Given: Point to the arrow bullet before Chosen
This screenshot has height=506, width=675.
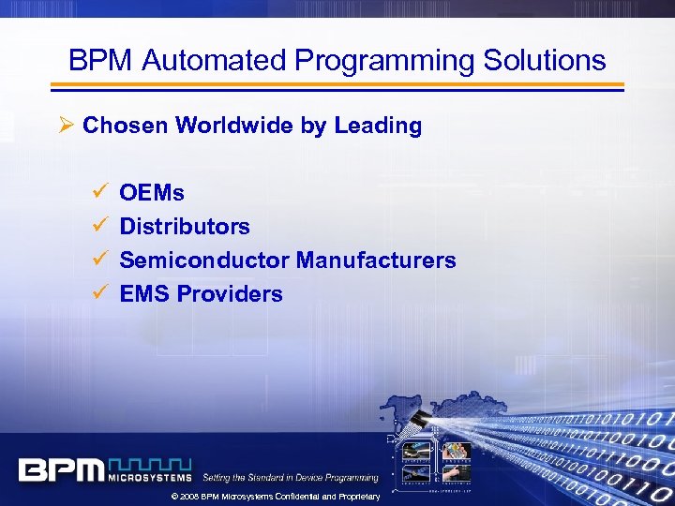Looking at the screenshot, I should [x=66, y=126].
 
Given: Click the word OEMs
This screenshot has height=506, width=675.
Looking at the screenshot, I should [x=152, y=193].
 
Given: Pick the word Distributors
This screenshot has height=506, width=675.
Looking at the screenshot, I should [x=185, y=227].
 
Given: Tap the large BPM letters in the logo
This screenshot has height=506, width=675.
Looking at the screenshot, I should [x=62, y=469].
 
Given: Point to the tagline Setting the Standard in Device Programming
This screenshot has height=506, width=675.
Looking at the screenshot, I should [x=291, y=478].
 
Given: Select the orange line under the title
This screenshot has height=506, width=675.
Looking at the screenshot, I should [x=337, y=85].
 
